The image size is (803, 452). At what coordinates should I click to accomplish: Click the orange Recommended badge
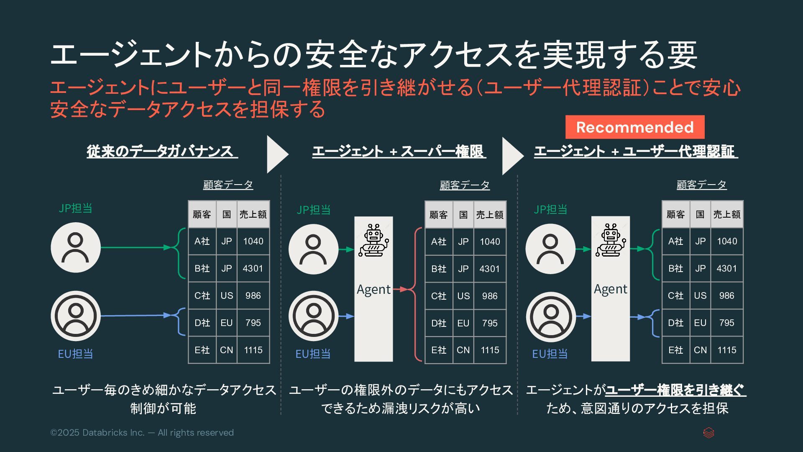point(634,127)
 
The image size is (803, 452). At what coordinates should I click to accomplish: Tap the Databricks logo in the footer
point(708,433)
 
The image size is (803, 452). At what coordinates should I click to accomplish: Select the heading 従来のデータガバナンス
point(162,152)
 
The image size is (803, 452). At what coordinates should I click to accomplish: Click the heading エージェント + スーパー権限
point(399,152)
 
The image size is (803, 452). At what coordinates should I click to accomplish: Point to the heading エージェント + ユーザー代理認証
point(636,152)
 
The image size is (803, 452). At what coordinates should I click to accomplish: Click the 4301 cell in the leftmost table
point(253,268)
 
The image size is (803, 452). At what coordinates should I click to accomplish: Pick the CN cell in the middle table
point(463,350)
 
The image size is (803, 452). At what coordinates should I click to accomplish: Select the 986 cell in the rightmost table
point(726,295)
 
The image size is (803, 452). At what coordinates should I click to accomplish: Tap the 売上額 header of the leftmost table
point(253,214)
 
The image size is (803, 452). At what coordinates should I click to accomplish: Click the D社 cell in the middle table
point(438,323)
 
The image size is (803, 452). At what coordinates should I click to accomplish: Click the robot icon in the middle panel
point(373,240)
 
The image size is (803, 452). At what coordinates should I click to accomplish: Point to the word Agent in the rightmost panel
point(610,289)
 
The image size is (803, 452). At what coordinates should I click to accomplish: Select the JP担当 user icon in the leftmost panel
point(76,247)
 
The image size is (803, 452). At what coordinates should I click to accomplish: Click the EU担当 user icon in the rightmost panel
point(550,317)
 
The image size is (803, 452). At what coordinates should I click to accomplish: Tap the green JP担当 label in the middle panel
point(313,210)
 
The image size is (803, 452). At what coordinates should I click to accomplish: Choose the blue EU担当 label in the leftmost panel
point(75,354)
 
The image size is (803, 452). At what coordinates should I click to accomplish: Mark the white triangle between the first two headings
point(276,154)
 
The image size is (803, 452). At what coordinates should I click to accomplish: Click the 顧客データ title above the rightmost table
point(701,185)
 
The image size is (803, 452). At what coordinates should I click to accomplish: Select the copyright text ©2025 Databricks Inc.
point(142,433)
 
